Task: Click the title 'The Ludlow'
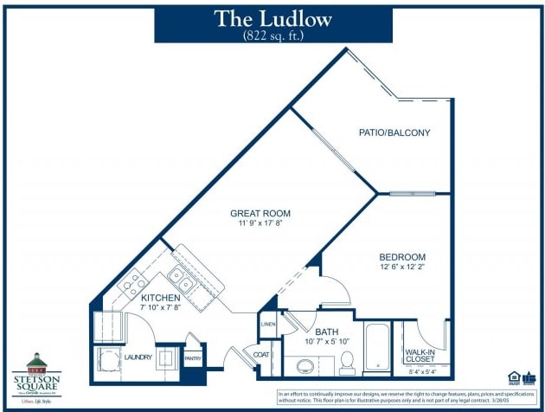tap(272, 20)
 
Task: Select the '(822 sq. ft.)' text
tap(272, 36)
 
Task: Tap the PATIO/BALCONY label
tap(394, 132)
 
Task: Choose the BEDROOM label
tap(402, 257)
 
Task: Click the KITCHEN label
tap(159, 299)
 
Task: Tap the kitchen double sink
tap(182, 279)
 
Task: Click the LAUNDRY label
tap(138, 357)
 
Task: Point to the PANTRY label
tap(192, 357)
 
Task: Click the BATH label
tap(326, 331)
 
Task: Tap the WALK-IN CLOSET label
tap(419, 355)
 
